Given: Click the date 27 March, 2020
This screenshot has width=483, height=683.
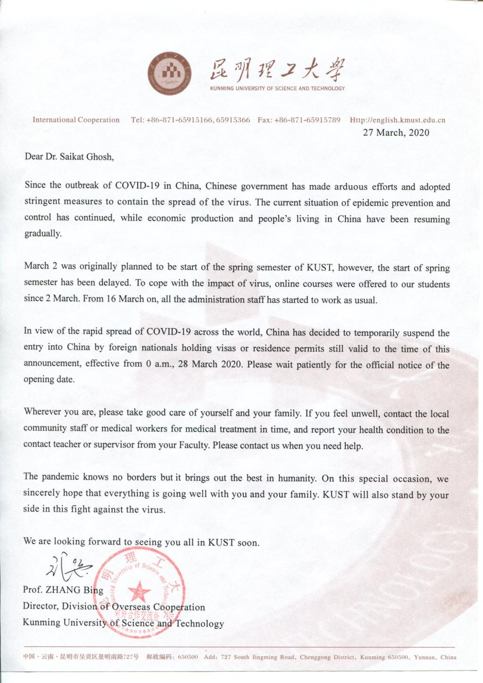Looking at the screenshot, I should coord(396,133).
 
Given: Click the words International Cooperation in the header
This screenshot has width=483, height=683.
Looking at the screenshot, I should coord(76,120).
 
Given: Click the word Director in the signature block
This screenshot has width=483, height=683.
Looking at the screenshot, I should coord(41,607).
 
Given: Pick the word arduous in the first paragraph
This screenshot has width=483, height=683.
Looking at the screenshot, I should coord(351,187).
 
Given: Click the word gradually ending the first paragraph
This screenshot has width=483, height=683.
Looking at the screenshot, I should coord(42,233).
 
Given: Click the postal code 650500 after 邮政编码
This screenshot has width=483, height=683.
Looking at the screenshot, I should coord(188,657).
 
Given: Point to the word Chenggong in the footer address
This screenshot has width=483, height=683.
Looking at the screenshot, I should coord(316,657).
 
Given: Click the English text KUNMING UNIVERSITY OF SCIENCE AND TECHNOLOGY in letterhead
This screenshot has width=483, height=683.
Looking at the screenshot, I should coord(277,88).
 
